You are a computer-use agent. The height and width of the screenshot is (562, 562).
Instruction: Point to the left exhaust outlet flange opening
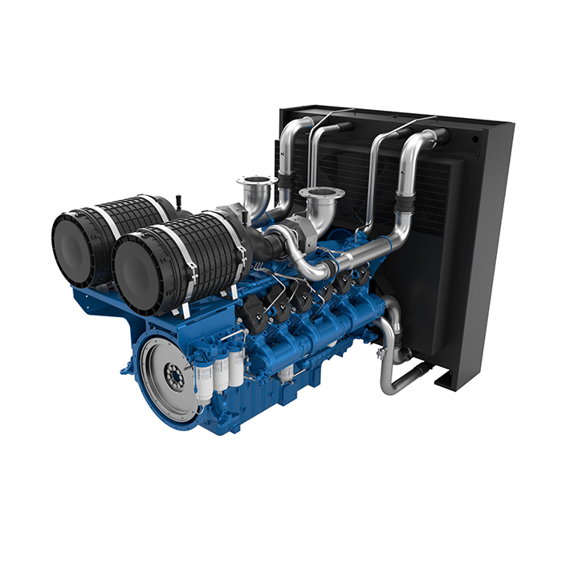pos(257,181)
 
